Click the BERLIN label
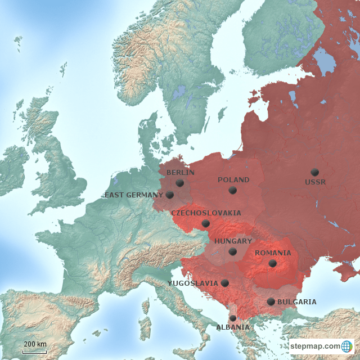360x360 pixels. click(181, 173)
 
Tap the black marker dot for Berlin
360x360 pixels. click(180, 183)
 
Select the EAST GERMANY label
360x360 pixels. click(134, 195)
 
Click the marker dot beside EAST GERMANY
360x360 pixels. click(170, 195)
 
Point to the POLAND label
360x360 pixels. click(233, 180)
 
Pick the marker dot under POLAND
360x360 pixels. click(232, 190)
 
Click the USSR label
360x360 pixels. click(315, 182)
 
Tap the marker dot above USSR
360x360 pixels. click(314, 172)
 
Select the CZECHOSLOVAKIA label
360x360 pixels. click(206, 213)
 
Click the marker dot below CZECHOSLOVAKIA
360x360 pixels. click(206, 223)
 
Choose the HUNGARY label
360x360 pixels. click(233, 241)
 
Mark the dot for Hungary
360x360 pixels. click(233, 251)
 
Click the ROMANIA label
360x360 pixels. click(273, 253)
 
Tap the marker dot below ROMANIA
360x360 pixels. click(273, 263)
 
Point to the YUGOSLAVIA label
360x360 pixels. click(192, 283)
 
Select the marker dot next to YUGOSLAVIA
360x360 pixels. click(225, 283)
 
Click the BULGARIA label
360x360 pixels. click(296, 302)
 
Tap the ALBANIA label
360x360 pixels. click(233, 327)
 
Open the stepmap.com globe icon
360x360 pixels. click(347, 346)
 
